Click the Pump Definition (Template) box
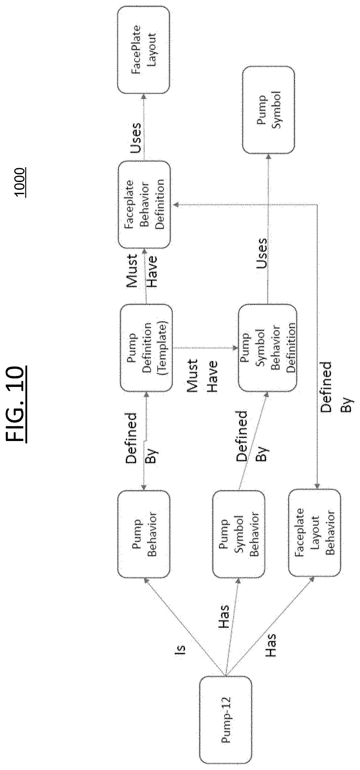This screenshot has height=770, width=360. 146,348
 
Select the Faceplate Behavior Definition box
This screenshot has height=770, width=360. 145,205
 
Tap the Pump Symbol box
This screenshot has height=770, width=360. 268,110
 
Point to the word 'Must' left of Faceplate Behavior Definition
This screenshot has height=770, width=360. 132,271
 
